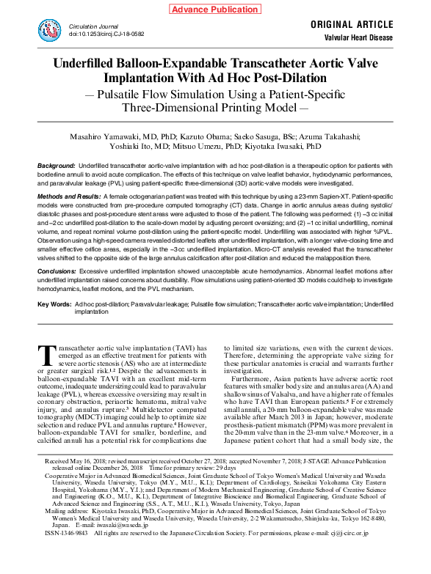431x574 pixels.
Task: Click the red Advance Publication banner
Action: (x=216, y=9)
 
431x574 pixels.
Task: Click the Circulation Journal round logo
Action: (x=50, y=29)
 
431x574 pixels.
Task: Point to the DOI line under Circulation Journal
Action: (x=106, y=34)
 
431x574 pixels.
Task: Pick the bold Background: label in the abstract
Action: (x=57, y=167)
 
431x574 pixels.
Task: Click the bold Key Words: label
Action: (x=54, y=303)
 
